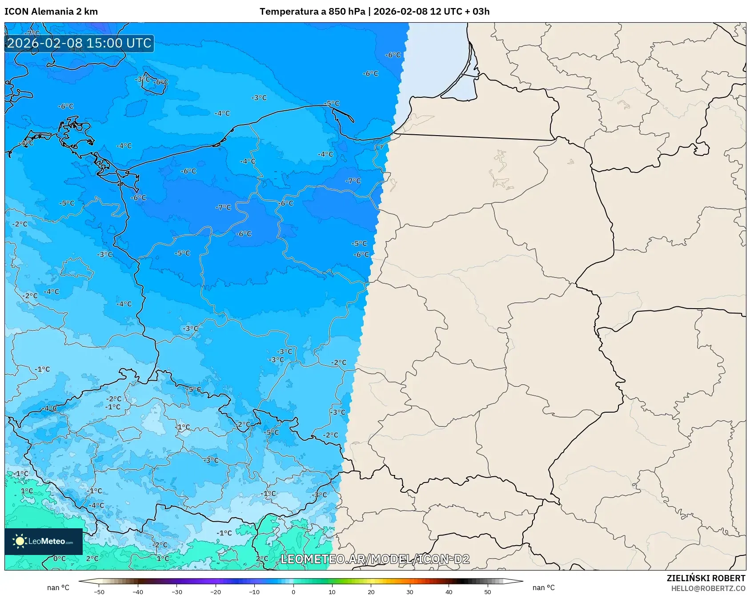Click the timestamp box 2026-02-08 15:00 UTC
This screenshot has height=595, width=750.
(x=79, y=43)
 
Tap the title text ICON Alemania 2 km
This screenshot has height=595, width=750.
(x=51, y=12)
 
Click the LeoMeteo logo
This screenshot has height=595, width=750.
(x=43, y=541)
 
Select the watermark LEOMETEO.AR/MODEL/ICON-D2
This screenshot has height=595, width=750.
(x=375, y=559)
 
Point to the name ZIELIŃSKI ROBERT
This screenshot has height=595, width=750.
(x=706, y=578)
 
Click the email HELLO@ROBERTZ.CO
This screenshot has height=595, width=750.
(x=708, y=588)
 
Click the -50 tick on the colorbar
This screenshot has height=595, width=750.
(x=99, y=592)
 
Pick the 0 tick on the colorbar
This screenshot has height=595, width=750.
(x=293, y=592)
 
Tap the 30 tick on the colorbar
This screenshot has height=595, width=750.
(x=409, y=592)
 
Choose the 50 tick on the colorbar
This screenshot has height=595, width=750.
(x=487, y=592)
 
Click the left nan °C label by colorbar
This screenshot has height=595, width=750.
(x=58, y=587)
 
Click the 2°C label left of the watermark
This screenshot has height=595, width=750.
(x=262, y=559)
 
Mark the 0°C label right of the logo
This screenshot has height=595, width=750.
(x=59, y=559)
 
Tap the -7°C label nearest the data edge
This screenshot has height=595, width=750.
(x=353, y=181)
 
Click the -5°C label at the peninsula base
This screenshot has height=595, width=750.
(x=332, y=103)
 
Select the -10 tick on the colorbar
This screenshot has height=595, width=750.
(x=254, y=592)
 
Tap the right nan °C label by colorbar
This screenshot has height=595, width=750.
(x=543, y=587)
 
